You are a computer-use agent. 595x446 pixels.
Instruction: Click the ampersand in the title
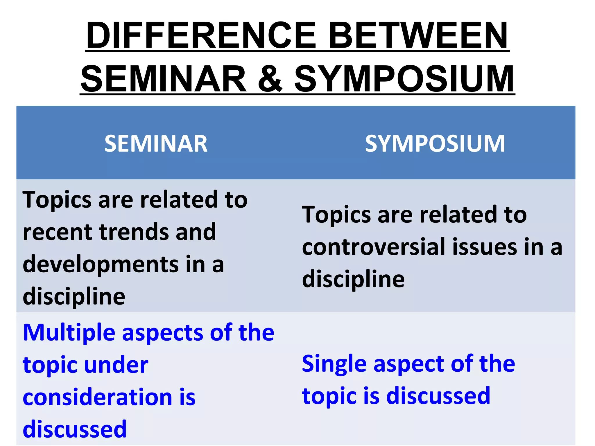(270, 78)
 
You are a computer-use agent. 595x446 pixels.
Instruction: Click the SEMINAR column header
(156, 143)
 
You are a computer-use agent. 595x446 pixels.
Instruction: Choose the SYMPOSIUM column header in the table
(435, 143)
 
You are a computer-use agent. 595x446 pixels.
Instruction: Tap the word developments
(100, 265)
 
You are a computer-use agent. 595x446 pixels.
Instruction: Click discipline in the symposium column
(353, 279)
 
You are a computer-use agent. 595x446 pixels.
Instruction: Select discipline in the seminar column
(74, 297)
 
